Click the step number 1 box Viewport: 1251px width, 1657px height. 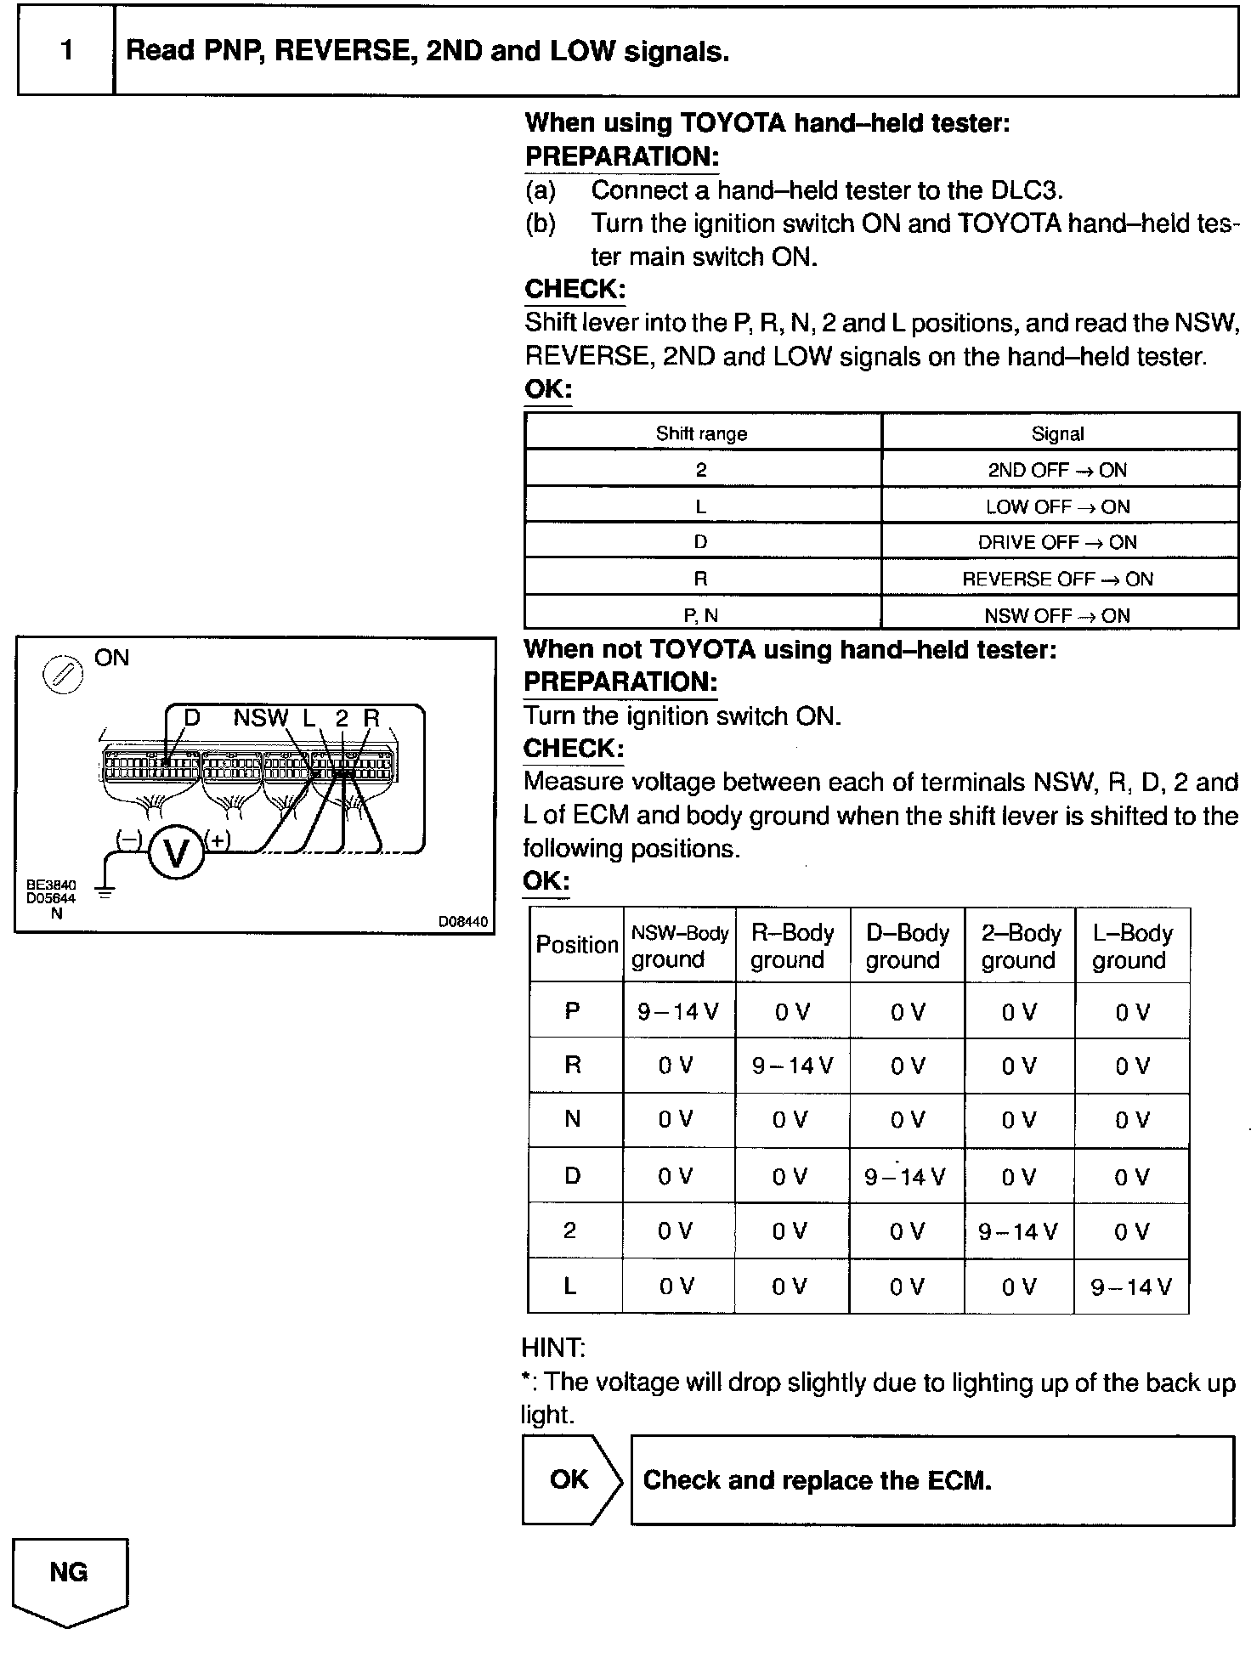[x=66, y=51]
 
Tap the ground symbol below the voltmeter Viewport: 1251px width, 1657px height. [x=105, y=891]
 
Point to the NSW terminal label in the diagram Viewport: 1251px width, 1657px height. [x=260, y=718]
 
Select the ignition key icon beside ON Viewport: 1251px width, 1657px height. [x=63, y=676]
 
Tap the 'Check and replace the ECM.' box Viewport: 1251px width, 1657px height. [x=932, y=1480]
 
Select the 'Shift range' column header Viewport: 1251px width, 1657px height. [x=703, y=433]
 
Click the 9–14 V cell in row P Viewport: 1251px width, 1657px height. [x=679, y=1010]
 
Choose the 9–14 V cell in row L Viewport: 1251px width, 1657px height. [x=1131, y=1287]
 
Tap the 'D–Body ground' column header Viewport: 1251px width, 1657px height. [x=907, y=946]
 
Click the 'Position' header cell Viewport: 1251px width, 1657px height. [x=576, y=945]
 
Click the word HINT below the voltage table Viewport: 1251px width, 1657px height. [x=552, y=1348]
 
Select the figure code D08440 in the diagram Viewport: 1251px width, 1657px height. [x=463, y=921]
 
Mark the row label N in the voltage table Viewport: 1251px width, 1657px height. [x=573, y=1119]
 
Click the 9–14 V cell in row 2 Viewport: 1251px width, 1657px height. [x=1018, y=1230]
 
